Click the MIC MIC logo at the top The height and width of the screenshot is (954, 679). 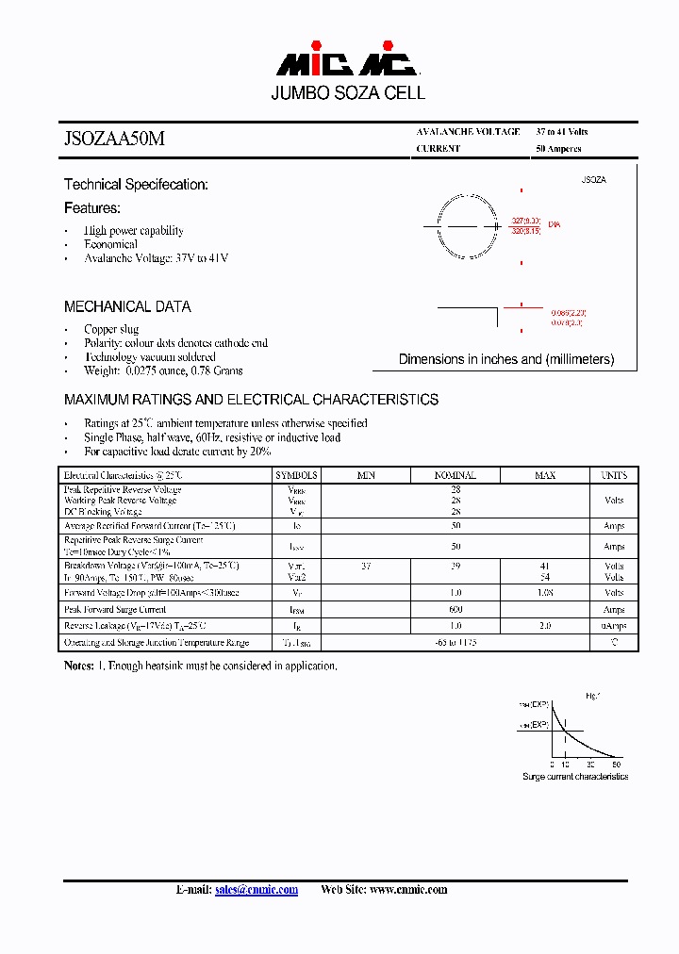tap(347, 64)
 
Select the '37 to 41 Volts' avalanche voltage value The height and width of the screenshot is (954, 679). tap(562, 132)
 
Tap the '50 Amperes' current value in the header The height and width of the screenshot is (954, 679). tap(558, 149)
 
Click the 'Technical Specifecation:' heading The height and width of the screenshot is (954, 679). tap(136, 185)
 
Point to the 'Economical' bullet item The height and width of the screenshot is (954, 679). tap(110, 244)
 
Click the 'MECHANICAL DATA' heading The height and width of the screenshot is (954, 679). tap(127, 306)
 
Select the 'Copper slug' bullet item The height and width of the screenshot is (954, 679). tap(111, 329)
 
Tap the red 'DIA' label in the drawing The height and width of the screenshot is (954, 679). tap(555, 224)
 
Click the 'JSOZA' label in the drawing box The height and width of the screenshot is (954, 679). tap(593, 179)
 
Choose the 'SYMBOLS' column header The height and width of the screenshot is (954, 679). tap(296, 476)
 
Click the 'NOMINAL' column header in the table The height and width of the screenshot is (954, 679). tap(455, 476)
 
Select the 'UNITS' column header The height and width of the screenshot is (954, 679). tap(614, 476)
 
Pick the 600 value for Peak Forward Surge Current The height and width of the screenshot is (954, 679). tap(455, 610)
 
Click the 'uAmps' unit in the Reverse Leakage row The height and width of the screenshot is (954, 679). tap(614, 626)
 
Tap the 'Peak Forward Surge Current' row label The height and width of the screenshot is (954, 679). tap(115, 610)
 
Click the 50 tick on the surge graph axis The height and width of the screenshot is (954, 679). tap(616, 764)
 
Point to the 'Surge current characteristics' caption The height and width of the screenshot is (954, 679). tap(575, 777)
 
